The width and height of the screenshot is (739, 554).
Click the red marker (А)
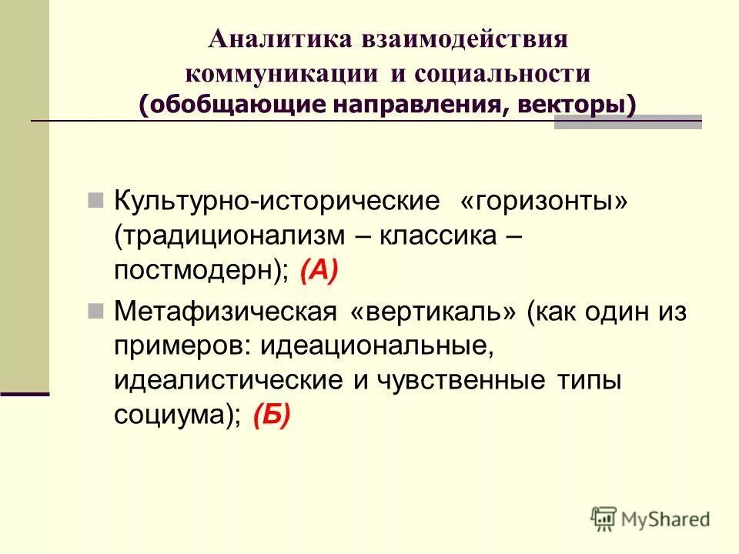pyautogui.click(x=319, y=271)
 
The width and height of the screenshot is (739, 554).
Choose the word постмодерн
pyautogui.click(x=197, y=271)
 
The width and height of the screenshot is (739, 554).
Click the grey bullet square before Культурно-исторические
pyautogui.click(x=95, y=202)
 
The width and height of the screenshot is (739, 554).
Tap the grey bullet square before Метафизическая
pyautogui.click(x=95, y=312)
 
